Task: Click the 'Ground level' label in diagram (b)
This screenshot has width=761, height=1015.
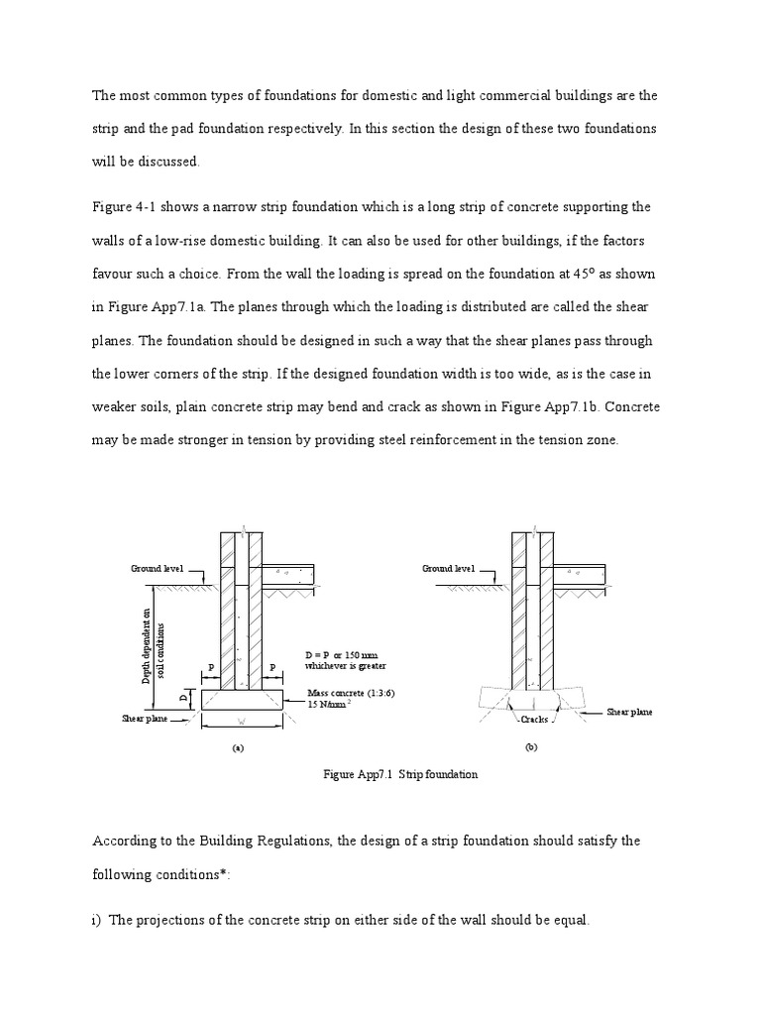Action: point(448,569)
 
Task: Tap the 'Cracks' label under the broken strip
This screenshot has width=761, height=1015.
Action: point(534,719)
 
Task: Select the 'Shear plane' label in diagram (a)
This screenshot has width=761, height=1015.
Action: point(145,720)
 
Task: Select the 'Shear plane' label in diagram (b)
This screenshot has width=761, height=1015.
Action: point(630,712)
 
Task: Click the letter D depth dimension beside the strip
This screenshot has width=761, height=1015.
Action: point(183,699)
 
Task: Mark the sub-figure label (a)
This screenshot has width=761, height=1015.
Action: point(237,749)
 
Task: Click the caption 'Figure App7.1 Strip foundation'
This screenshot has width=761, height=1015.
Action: point(400,774)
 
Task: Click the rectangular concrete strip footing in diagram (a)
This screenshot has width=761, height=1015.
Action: point(243,699)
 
